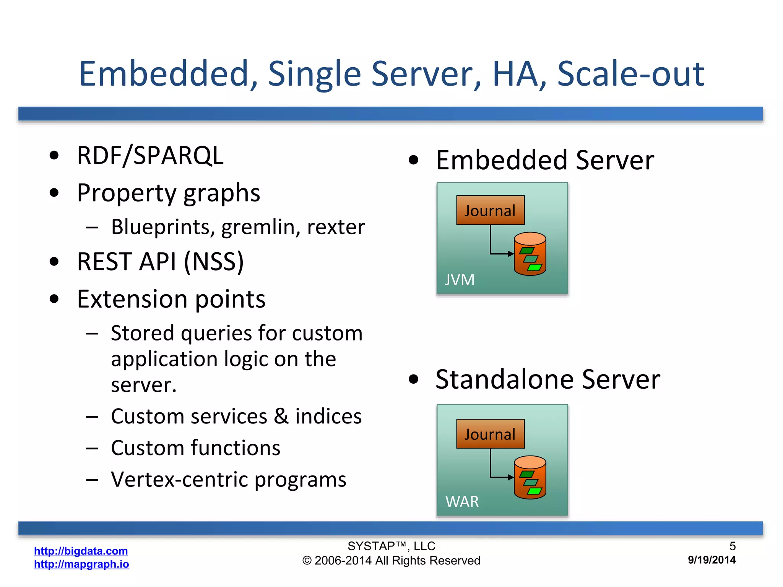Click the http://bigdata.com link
[81, 551]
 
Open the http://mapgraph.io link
[81, 564]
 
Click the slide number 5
[732, 546]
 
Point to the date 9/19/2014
[712, 560]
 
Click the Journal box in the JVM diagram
[490, 210]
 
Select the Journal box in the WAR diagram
[490, 434]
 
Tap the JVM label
[460, 280]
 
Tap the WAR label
[462, 501]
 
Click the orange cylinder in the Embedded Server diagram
[530, 254]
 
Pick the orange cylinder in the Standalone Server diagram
[530, 477]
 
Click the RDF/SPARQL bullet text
[150, 156]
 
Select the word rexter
[336, 227]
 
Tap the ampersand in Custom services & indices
[281, 416]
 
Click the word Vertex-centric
[180, 480]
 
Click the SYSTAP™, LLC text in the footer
[391, 546]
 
